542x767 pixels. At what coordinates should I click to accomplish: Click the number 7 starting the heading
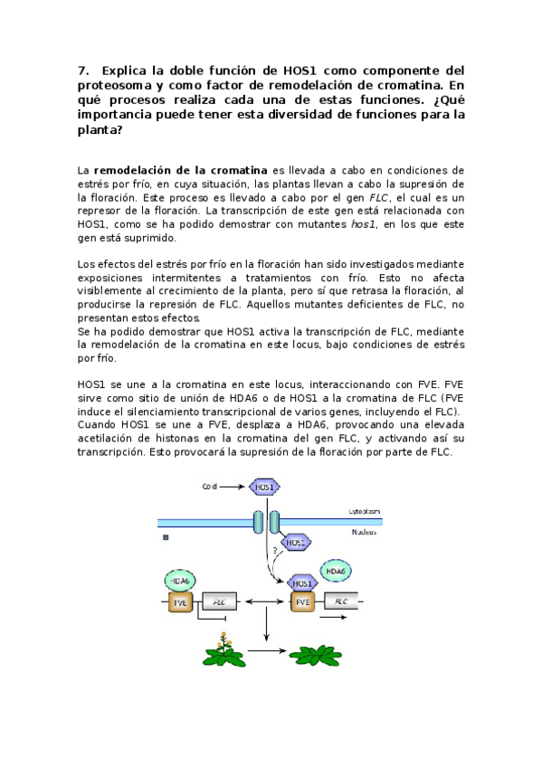pos(82,70)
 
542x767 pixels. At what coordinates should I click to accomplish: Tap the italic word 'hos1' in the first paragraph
pos(362,224)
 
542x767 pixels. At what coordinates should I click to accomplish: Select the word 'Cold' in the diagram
pos(211,487)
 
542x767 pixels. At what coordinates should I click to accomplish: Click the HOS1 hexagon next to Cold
pos(265,487)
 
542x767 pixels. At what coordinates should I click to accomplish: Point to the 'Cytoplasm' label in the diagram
pos(365,511)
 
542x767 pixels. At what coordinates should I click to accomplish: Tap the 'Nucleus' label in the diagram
pos(366,532)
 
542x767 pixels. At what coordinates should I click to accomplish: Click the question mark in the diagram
pos(273,551)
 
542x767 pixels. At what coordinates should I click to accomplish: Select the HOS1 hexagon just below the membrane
pos(296,542)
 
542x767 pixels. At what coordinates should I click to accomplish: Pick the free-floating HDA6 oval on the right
pos(335,572)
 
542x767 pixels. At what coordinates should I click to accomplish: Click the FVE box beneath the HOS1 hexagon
pos(302,601)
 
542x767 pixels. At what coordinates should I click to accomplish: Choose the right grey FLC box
pos(341,601)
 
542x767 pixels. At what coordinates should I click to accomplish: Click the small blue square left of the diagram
pos(166,536)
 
